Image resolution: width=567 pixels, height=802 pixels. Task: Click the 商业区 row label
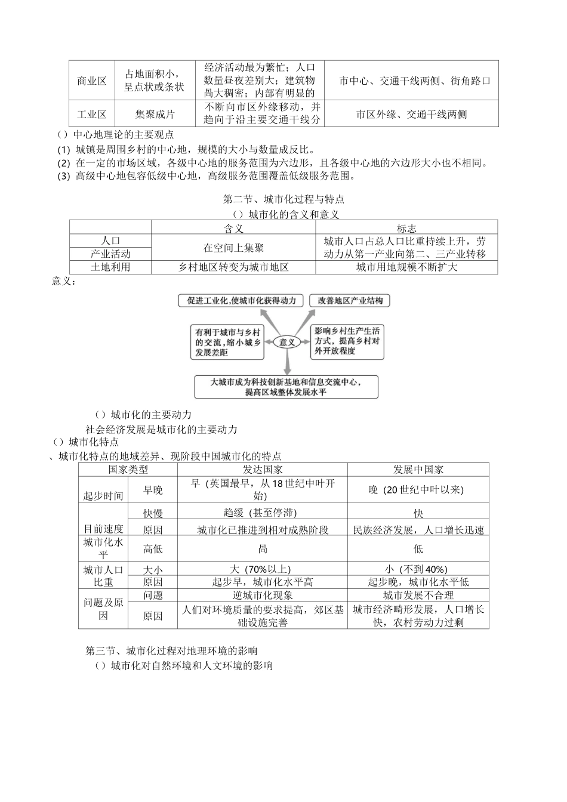pos(91,81)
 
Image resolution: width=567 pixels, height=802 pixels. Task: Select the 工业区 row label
pos(91,114)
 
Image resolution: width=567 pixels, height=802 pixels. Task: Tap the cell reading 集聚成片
pos(155,114)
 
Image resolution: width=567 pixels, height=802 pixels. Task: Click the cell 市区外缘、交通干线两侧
pos(411,114)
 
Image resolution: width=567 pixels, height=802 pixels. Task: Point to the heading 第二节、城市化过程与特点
pos(283,199)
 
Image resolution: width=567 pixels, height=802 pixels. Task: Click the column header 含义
pos(233,228)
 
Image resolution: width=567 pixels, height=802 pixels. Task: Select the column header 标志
pos(406,228)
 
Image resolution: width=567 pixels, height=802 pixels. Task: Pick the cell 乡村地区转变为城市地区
pos(233,267)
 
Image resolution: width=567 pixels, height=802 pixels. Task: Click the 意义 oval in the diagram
pos(287,342)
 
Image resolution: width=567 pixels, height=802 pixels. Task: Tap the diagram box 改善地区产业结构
pos(350,300)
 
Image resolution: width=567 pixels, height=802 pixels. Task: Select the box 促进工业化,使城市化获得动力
pos(241,300)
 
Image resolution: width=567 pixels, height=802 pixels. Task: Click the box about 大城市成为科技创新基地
pos(286,387)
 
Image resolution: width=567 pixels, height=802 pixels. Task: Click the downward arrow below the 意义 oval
pos(287,362)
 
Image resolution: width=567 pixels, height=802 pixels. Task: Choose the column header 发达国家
pos(263,470)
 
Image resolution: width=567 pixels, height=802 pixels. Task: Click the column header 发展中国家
pos(418,470)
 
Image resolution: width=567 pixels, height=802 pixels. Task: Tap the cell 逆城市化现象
pos(263,595)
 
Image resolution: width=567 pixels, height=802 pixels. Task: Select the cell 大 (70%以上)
pos(263,569)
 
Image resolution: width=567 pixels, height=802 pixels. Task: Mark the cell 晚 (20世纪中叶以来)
pos(418,490)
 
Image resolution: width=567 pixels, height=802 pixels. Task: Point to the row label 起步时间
pos(103,496)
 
